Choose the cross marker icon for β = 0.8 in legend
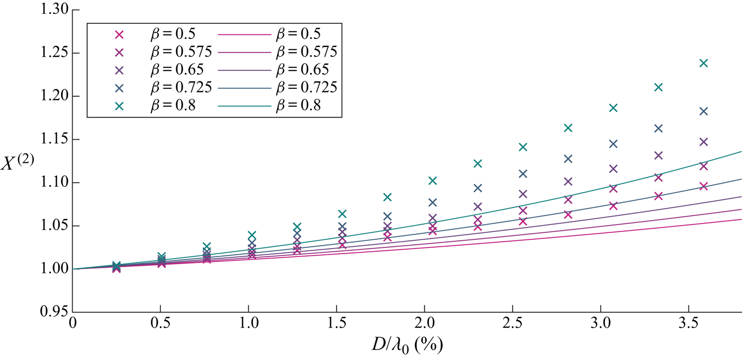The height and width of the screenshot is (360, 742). [119, 105]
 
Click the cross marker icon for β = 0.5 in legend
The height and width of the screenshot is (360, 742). [119, 34]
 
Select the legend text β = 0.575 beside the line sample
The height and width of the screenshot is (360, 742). [306, 52]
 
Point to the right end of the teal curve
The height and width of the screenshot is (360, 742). [741, 151]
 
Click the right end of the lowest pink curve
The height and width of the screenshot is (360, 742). [741, 219]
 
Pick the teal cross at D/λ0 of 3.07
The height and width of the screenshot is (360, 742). [613, 108]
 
